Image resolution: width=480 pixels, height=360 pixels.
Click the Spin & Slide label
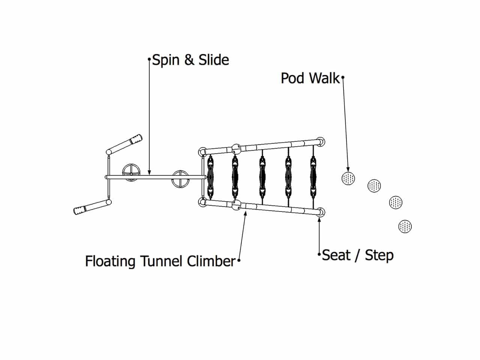pyautogui.click(x=190, y=60)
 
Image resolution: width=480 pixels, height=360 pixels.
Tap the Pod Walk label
pyautogui.click(x=310, y=78)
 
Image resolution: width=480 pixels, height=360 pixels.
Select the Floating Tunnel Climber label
pyautogui.click(x=160, y=261)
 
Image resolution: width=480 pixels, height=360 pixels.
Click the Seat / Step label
pyautogui.click(x=358, y=255)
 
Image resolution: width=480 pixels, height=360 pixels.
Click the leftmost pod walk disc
pyautogui.click(x=348, y=178)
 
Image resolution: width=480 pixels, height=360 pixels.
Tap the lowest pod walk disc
pyautogui.click(x=405, y=226)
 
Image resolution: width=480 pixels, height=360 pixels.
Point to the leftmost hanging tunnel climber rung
pyautogui.click(x=211, y=177)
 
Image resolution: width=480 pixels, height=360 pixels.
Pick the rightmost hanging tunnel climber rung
pyautogui.click(x=313, y=177)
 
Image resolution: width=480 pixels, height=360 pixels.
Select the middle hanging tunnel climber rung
pyautogui.click(x=262, y=177)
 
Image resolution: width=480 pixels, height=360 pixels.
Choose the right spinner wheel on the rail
pyautogui.click(x=180, y=179)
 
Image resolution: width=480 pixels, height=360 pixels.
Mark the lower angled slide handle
pyautogui.click(x=92, y=207)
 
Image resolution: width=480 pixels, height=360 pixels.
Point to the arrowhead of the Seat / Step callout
pyautogui.click(x=319, y=219)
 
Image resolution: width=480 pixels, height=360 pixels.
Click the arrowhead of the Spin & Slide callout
pyautogui.click(x=149, y=173)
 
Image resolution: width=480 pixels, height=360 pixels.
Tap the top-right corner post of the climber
pyautogui.click(x=321, y=141)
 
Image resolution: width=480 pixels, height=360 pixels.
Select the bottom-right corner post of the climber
pyautogui.click(x=321, y=212)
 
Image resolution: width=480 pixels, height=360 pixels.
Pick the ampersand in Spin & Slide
pyautogui.click(x=190, y=60)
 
